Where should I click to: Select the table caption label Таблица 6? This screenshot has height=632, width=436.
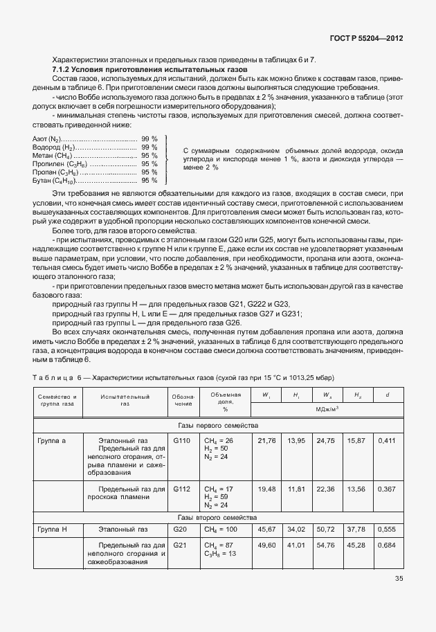pyautogui.click(x=57, y=377)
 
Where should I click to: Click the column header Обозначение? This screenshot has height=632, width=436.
pyautogui.click(x=182, y=401)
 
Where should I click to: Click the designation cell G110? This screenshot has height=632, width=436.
pyautogui.click(x=181, y=440)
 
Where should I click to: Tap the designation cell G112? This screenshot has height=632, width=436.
pyautogui.click(x=181, y=488)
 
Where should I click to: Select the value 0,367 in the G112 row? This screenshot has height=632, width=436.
pyautogui.click(x=388, y=488)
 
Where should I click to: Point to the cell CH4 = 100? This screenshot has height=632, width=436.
pyautogui.click(x=219, y=530)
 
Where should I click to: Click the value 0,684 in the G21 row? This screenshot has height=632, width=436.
pyautogui.click(x=388, y=545)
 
